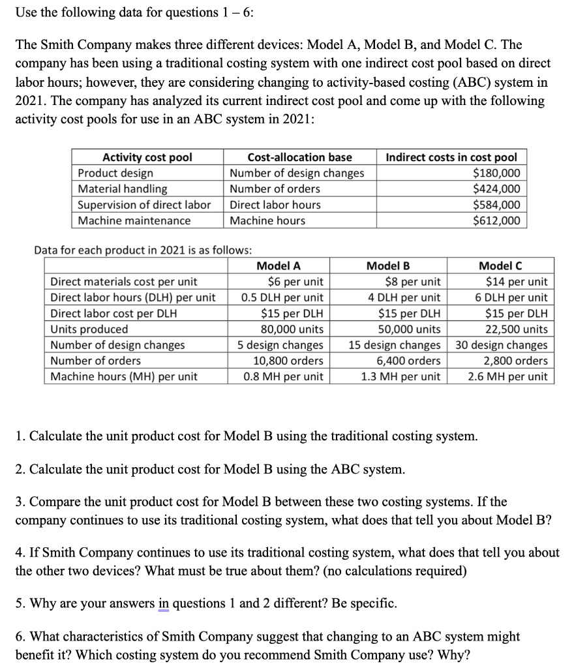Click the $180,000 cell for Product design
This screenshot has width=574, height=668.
click(496, 173)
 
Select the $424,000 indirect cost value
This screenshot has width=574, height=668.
click(496, 189)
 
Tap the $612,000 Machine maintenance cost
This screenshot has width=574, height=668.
click(496, 220)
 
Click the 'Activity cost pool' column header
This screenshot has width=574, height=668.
click(147, 157)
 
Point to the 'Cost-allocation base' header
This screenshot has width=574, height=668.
click(300, 157)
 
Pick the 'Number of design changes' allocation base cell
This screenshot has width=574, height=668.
click(297, 173)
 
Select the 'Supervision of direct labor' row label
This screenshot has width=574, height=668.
click(144, 205)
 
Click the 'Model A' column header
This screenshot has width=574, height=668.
click(279, 266)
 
